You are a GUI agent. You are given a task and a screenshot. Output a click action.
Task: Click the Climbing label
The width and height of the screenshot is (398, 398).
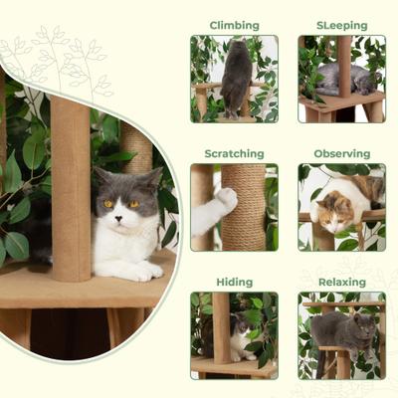pos(234,25)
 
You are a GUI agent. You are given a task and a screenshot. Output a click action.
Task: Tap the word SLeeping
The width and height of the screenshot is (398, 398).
pos(341,25)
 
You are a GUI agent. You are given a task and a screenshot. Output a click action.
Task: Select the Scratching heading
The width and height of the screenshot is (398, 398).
pos(234,153)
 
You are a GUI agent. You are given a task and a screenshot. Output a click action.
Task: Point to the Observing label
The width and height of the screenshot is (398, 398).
pos(341,153)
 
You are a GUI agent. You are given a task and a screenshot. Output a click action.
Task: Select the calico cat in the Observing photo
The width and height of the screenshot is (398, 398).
pos(335,210)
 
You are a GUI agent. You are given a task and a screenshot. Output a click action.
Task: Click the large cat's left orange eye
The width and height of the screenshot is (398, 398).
pos(107,203)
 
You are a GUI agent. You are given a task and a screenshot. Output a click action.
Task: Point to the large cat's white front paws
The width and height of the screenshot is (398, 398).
pos(139,270)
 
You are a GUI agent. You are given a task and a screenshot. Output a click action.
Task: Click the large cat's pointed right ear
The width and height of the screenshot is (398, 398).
pos(152,177)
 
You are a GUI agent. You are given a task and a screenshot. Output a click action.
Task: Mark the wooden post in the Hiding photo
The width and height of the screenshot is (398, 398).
pos(221,328)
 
